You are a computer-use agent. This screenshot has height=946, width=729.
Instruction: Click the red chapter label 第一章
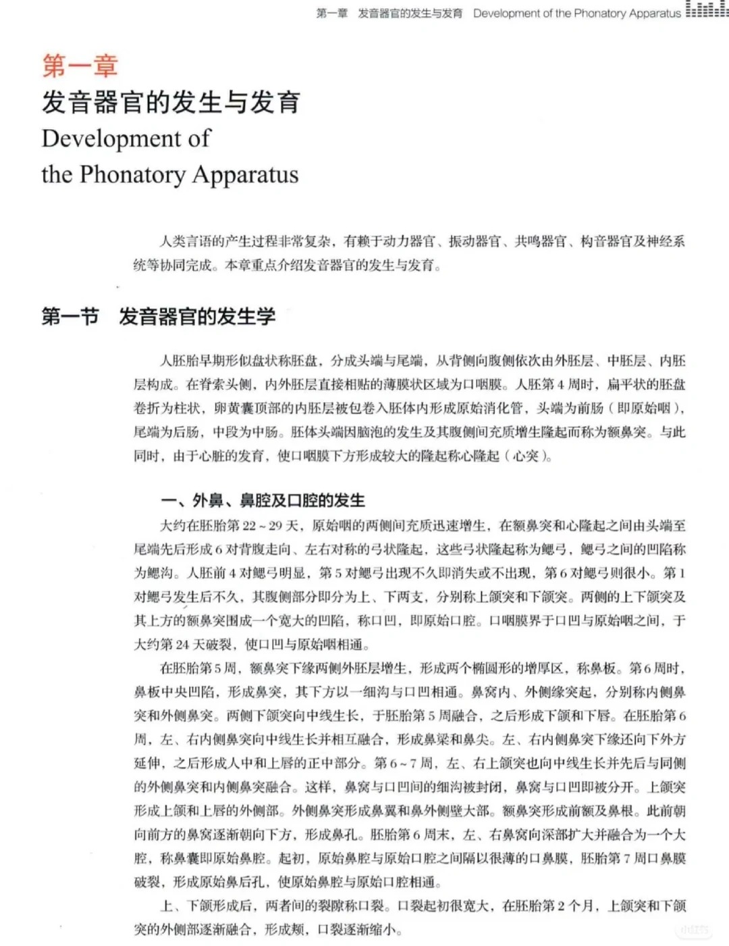pyautogui.click(x=80, y=66)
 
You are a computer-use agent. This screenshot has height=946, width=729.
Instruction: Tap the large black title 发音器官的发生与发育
pyautogui.click(x=171, y=103)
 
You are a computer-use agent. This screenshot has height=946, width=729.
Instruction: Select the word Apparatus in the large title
pyautogui.click(x=245, y=174)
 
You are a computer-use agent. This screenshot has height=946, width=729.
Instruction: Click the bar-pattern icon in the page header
pyautogui.click(x=707, y=9)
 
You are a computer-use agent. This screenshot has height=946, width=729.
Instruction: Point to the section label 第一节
pyautogui.click(x=70, y=316)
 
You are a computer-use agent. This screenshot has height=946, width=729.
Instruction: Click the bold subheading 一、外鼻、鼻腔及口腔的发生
pyautogui.click(x=263, y=501)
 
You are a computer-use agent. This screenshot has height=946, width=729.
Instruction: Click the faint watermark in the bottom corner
pyautogui.click(x=695, y=930)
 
